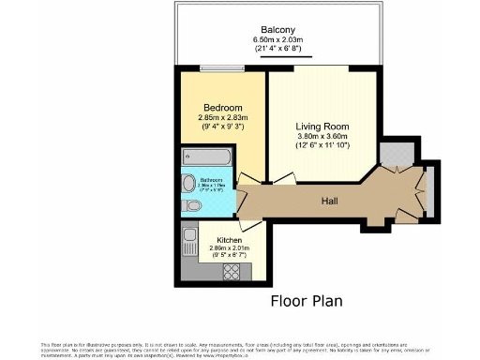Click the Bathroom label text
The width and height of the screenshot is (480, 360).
216,181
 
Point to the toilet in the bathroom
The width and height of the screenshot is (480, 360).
189,208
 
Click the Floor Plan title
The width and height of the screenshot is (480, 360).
307,301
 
